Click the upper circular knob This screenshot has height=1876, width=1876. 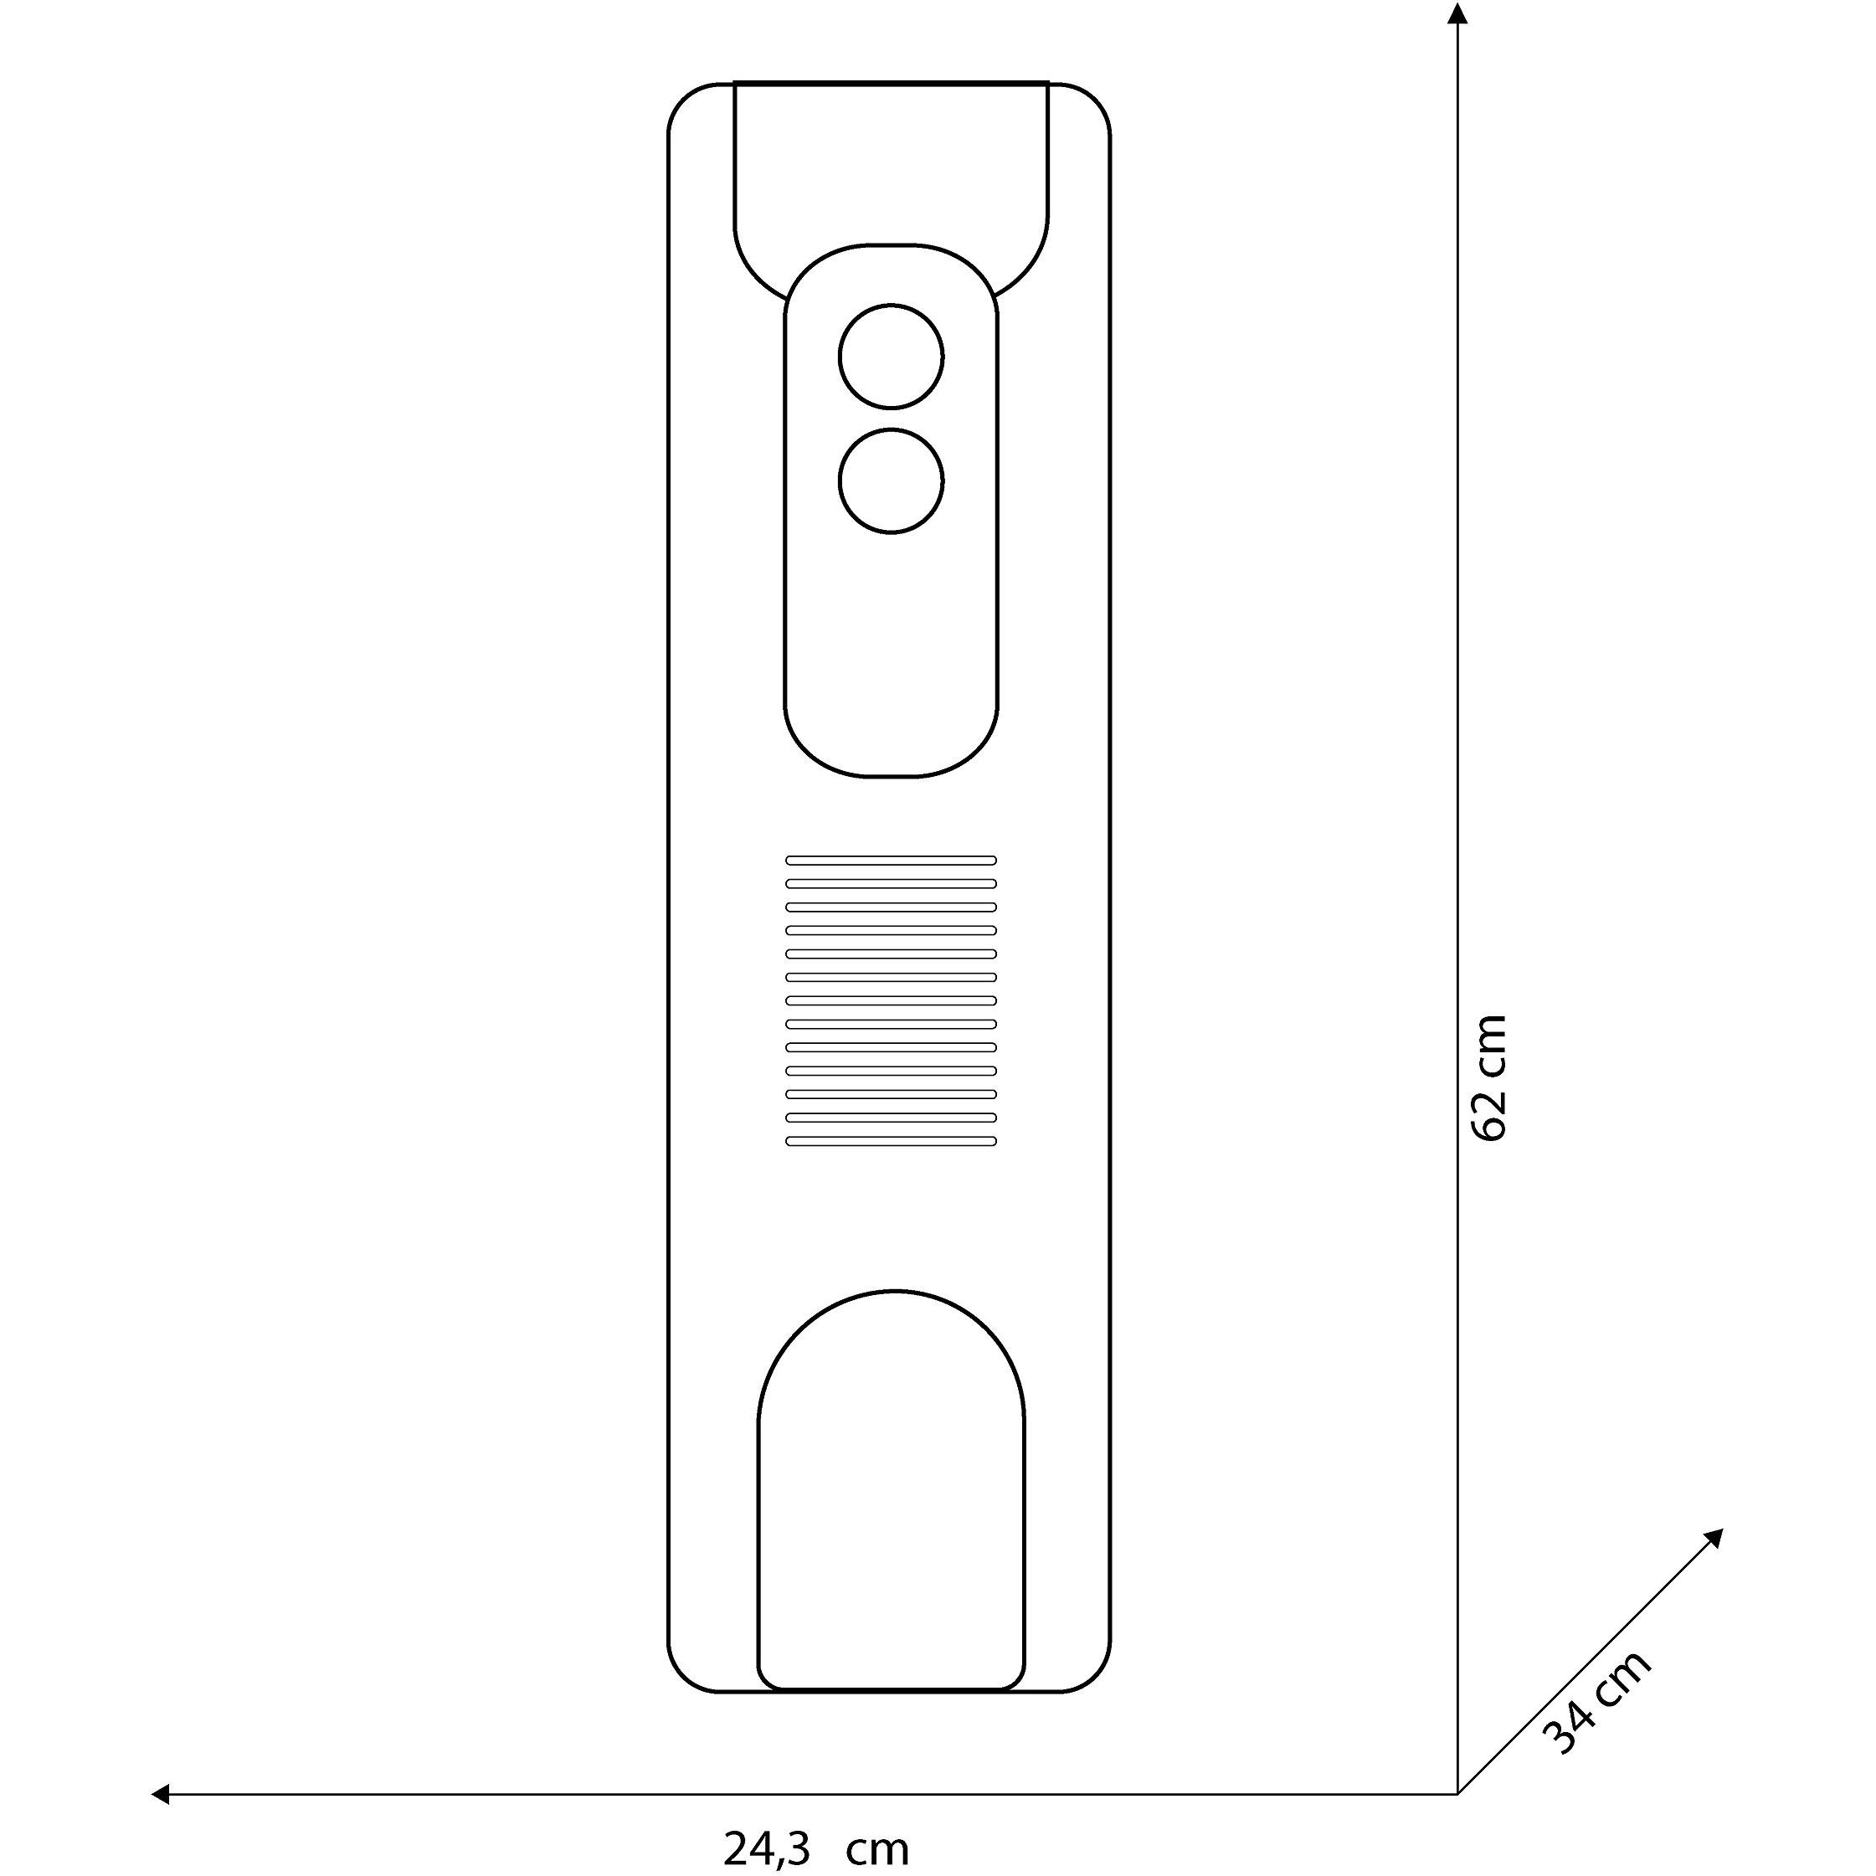point(891,357)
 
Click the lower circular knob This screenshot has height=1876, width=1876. point(891,481)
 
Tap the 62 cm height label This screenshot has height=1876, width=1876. point(1488,1078)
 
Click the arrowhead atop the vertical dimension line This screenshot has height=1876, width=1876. point(1457,13)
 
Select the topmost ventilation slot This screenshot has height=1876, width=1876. point(891,860)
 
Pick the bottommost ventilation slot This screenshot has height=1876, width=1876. point(891,1141)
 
